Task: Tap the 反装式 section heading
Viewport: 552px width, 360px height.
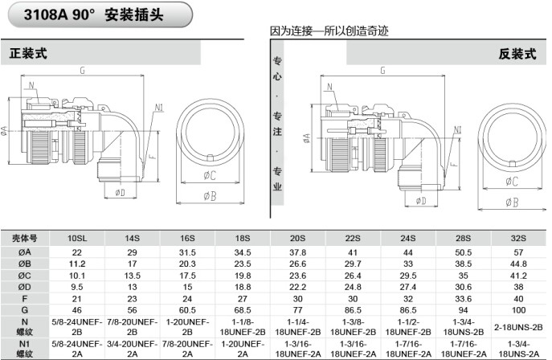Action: [517, 54]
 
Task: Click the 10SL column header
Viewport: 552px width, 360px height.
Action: [77, 239]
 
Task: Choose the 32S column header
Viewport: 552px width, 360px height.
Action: [519, 239]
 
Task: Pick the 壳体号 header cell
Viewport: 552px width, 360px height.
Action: [24, 239]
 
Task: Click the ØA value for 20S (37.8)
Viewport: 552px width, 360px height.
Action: [297, 252]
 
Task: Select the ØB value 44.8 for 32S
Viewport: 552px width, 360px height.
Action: [519, 263]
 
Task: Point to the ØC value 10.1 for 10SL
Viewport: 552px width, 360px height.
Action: [77, 274]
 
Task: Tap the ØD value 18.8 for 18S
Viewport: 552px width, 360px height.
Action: [243, 285]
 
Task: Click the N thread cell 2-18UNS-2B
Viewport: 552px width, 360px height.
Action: [519, 325]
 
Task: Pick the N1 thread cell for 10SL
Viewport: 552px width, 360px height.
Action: [77, 347]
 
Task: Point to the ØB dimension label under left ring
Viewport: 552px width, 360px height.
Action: [208, 196]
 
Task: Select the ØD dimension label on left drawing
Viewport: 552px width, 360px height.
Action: [120, 193]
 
